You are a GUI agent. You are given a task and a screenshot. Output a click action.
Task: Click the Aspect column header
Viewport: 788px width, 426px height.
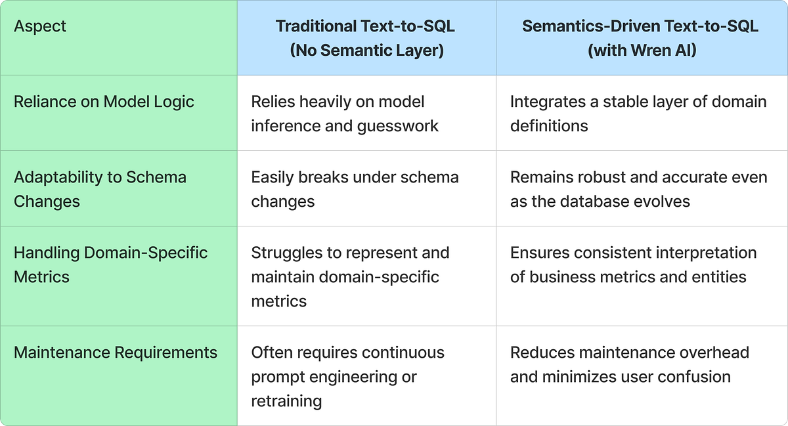pos(40,27)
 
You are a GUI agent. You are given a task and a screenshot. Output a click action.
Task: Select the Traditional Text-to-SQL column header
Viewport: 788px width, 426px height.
pos(366,37)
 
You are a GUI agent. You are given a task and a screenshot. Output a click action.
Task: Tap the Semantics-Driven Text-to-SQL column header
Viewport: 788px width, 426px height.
pos(642,37)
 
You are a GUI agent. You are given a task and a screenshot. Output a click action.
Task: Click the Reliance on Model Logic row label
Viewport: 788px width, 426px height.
pos(104,102)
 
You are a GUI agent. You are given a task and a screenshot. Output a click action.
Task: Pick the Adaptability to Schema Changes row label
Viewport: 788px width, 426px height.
pos(100,189)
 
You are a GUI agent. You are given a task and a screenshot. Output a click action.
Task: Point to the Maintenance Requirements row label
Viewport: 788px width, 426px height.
pos(116,352)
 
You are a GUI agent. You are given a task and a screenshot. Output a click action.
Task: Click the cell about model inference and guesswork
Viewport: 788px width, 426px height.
pos(345,114)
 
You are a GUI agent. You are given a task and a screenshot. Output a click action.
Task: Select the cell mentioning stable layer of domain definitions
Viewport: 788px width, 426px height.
pos(638,114)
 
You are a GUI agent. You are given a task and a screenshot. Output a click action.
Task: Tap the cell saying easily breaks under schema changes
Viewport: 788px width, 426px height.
pos(355,189)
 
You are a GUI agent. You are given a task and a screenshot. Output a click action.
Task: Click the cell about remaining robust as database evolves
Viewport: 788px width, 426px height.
pos(638,189)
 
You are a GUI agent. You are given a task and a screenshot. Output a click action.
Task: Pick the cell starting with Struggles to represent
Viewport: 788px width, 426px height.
pos(350,276)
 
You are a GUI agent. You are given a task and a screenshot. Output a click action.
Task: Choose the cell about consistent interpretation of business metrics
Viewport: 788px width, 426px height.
pos(633,265)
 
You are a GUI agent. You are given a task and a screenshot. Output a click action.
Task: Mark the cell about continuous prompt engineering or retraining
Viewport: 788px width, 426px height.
pos(347,376)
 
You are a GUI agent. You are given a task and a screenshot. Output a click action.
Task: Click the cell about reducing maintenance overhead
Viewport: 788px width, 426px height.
pos(629,364)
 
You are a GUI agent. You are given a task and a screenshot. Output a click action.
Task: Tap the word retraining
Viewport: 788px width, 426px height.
pos(286,401)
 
